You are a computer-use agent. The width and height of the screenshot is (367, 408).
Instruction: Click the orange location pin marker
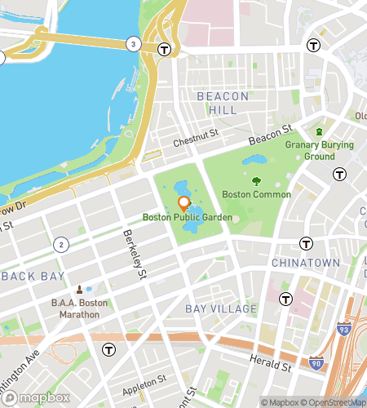pyautogui.click(x=183, y=202)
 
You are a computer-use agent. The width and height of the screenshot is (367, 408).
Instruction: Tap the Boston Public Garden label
pyautogui.click(x=187, y=218)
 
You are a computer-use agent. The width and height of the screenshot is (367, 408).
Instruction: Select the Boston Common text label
pyautogui.click(x=256, y=195)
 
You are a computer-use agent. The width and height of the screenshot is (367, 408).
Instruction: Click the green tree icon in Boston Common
pyautogui.click(x=256, y=181)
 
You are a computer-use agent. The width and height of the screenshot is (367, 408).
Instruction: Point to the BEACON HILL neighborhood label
pyautogui.click(x=217, y=103)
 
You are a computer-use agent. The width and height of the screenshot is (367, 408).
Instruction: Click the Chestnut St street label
pyautogui.click(x=197, y=138)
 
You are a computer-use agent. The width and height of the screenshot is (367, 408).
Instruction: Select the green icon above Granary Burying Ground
pyautogui.click(x=320, y=131)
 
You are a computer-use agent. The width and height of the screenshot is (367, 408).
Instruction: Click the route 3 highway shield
pyautogui.click(x=132, y=43)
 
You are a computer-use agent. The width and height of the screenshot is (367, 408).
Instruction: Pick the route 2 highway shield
pyautogui.click(x=60, y=245)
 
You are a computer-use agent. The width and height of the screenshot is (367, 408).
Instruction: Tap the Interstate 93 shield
pyautogui.click(x=343, y=328)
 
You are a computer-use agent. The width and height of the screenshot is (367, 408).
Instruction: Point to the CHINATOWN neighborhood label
pyautogui.click(x=305, y=263)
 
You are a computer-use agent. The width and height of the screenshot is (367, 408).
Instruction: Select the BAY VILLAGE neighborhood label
pyautogui.click(x=221, y=309)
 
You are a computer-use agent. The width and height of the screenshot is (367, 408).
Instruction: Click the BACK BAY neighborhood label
pyautogui.click(x=33, y=277)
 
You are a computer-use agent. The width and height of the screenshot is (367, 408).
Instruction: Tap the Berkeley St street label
pyautogui.click(x=134, y=255)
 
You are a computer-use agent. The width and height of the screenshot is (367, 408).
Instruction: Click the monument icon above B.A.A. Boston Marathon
pyautogui.click(x=80, y=290)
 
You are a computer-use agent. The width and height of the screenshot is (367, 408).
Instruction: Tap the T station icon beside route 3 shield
pyautogui.click(x=165, y=49)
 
